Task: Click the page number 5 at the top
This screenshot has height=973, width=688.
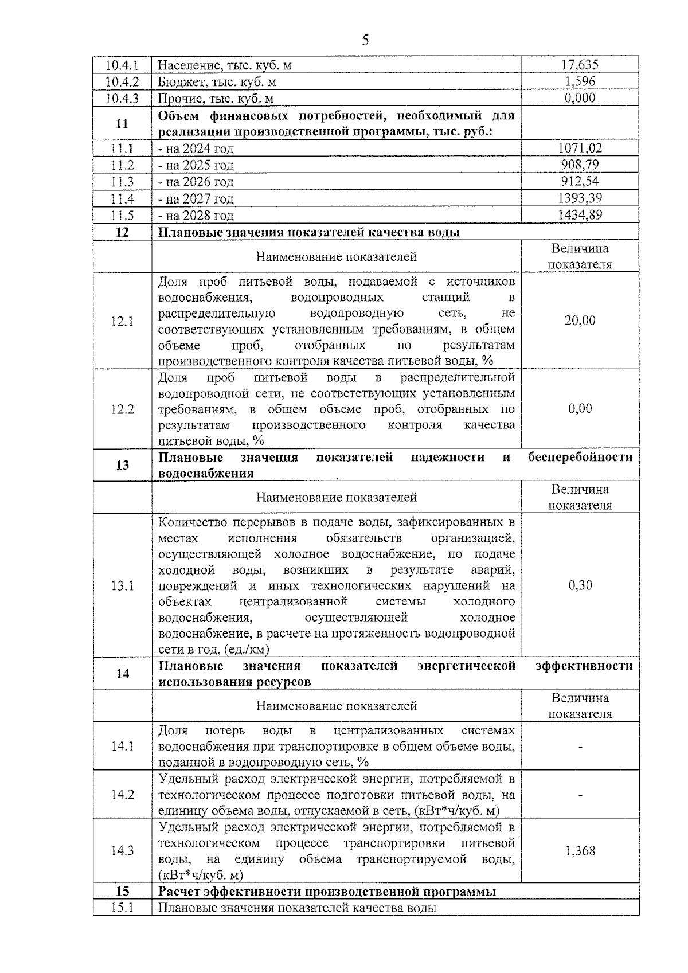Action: click(x=365, y=40)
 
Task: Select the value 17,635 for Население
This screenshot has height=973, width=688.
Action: click(x=580, y=65)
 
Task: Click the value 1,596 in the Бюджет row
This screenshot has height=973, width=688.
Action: click(x=580, y=81)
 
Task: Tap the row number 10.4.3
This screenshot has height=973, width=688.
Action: click(x=122, y=99)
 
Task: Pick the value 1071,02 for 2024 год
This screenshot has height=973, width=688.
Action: click(x=580, y=149)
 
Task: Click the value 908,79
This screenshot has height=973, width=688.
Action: click(x=580, y=165)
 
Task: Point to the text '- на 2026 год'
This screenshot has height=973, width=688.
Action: click(x=196, y=182)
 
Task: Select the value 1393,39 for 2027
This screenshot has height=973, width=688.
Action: click(x=580, y=198)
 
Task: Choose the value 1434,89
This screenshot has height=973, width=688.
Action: click(x=580, y=215)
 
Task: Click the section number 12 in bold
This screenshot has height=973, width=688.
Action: click(x=122, y=232)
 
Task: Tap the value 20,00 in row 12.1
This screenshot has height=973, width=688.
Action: click(x=580, y=321)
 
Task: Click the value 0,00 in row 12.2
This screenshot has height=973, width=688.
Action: click(x=580, y=409)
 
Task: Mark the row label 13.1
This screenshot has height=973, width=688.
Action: click(x=122, y=585)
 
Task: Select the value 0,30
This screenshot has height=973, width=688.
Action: click(x=580, y=585)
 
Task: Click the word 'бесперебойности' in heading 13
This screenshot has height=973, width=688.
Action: click(x=580, y=458)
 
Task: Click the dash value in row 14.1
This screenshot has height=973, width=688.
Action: click(x=580, y=747)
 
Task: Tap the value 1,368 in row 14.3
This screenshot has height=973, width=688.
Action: click(x=580, y=851)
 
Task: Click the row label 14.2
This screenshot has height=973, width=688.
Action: click(x=122, y=795)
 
